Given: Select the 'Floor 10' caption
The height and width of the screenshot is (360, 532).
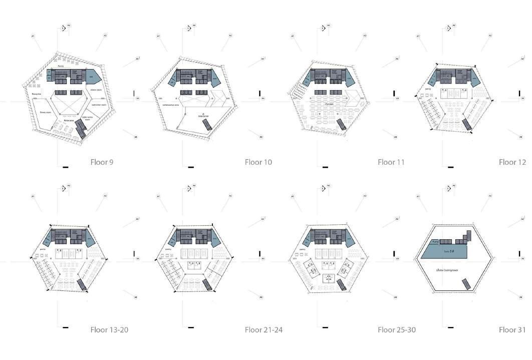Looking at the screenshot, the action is coord(258,162).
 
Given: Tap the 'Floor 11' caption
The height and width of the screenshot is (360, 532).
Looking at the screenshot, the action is coord(391,162).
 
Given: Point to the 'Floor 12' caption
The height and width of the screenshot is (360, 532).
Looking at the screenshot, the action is coord(512,162).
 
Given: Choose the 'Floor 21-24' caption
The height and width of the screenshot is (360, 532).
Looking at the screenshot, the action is coord(263,329).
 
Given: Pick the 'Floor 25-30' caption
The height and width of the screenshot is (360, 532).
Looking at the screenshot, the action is coord(396,329).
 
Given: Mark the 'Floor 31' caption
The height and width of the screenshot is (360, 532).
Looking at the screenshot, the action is coord(512,329).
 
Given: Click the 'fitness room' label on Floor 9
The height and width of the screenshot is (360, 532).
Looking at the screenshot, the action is coord(46,113).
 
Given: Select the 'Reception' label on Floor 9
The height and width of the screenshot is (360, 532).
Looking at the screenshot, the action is coord(37,94).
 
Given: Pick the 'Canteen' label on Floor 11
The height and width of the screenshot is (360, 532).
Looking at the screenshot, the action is coord(329,104).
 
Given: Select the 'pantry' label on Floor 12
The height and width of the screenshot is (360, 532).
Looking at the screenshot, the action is coord(428,89).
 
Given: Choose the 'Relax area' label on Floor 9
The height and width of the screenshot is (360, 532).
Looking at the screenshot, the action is coord(69,121).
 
